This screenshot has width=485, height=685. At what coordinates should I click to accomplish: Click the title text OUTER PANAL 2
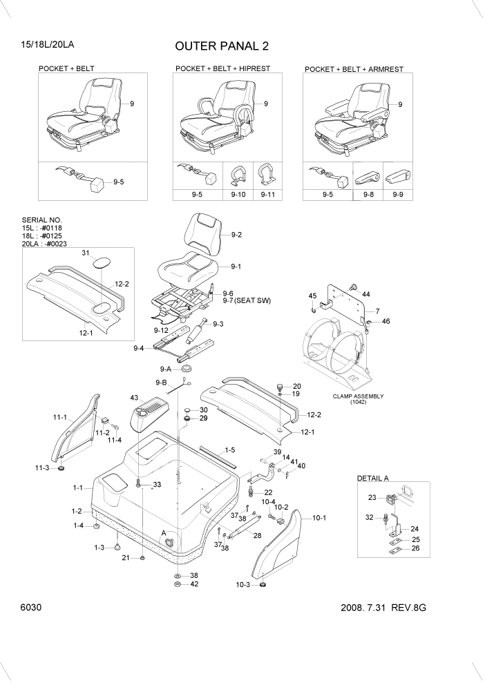click(222, 46)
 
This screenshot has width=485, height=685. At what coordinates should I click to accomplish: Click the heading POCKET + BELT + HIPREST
click(222, 69)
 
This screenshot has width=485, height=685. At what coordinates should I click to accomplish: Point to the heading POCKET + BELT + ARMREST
click(354, 70)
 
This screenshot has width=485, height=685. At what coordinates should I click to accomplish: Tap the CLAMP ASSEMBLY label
click(357, 396)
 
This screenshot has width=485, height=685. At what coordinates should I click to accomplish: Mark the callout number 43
click(134, 397)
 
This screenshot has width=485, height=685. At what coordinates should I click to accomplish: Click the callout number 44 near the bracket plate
click(365, 294)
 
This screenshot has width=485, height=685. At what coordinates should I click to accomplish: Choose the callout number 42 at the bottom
click(194, 584)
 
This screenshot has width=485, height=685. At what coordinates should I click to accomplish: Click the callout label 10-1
click(319, 517)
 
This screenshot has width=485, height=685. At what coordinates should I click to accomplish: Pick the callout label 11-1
click(60, 417)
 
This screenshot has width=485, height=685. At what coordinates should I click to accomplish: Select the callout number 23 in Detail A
click(371, 496)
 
